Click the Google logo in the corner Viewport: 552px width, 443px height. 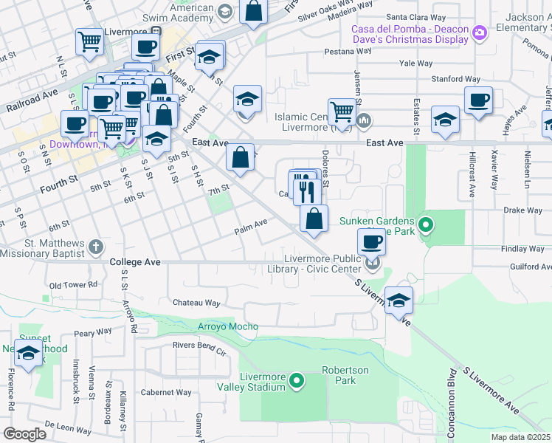24,434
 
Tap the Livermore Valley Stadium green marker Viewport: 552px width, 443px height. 297,382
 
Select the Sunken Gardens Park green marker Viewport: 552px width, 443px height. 425,224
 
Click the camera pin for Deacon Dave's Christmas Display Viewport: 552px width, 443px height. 480,32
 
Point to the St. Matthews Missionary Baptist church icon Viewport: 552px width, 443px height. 95,247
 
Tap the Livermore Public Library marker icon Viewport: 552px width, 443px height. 373,263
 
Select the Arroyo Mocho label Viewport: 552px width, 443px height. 228,326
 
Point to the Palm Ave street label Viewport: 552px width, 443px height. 250,223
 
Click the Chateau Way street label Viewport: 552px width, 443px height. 196,303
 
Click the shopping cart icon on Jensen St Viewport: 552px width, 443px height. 341,111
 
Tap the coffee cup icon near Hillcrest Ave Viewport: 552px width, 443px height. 477,99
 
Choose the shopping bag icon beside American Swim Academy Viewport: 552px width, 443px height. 252,11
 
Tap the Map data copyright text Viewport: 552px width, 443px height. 520,437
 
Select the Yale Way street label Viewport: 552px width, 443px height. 415,63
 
